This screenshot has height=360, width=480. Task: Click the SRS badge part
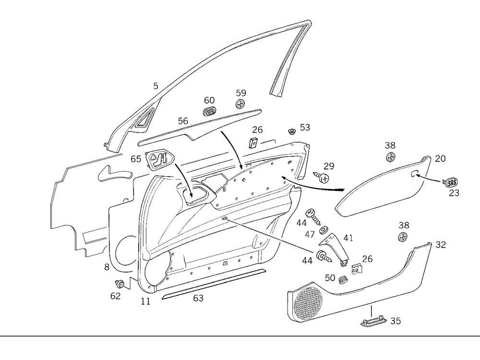[x=451, y=181]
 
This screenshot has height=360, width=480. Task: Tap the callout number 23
[x=454, y=193]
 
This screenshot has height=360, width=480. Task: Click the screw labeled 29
[x=324, y=178]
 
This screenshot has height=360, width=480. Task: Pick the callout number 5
[x=156, y=86]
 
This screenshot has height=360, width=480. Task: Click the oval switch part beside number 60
[x=209, y=112]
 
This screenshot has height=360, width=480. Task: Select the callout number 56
[x=183, y=121]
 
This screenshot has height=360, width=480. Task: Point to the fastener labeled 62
[x=120, y=284]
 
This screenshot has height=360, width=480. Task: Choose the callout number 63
[x=198, y=299]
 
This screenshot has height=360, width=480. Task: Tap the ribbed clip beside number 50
[x=343, y=280]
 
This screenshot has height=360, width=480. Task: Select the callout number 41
[x=348, y=237]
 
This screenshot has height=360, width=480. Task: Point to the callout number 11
[x=145, y=301]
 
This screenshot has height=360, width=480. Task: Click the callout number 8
[x=107, y=267]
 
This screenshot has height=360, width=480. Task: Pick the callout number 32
[x=441, y=245]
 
